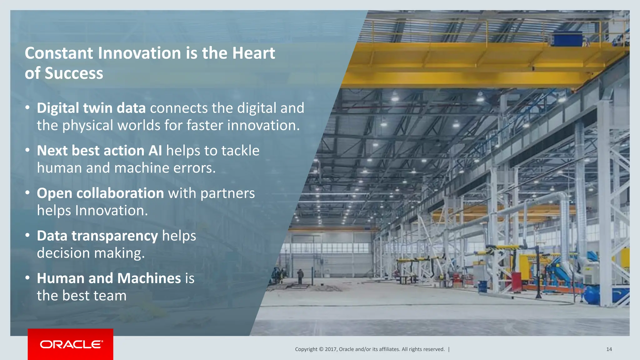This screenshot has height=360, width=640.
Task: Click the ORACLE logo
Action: point(71,344)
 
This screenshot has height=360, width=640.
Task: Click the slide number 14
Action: point(609,349)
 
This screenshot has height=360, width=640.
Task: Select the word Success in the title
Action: point(74,73)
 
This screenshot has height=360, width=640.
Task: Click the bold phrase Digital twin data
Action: point(91,108)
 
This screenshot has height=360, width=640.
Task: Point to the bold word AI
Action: point(155,151)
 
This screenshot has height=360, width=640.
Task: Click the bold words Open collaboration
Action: point(100,193)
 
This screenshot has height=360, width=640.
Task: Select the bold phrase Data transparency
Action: point(97,236)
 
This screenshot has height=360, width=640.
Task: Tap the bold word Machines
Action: point(149,278)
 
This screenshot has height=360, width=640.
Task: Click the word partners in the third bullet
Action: point(227,193)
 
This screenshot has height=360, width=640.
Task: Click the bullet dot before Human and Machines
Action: point(28,277)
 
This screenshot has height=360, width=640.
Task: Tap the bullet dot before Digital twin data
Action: point(28,107)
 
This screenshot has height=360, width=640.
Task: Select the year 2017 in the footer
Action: point(331,349)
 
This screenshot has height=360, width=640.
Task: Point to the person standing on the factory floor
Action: point(300,276)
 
